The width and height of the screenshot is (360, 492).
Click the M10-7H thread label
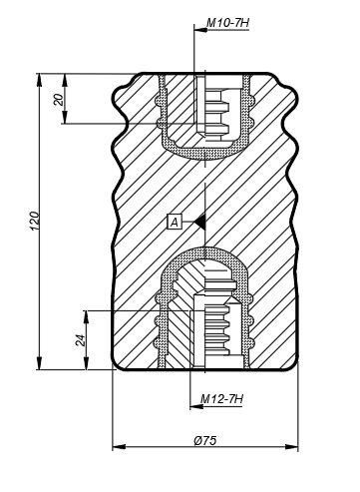[227, 23]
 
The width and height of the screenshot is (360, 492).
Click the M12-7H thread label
[222, 398]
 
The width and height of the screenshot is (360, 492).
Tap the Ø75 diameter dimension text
[204, 441]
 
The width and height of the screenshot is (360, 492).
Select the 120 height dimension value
[35, 221]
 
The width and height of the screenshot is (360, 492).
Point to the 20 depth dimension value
[59, 100]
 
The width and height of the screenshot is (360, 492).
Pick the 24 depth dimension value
[81, 340]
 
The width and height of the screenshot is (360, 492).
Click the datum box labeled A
[175, 222]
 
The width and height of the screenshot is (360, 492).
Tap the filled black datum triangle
[200, 222]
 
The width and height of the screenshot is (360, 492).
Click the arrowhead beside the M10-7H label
[200, 30]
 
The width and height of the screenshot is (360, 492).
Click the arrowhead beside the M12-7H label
[196, 406]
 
